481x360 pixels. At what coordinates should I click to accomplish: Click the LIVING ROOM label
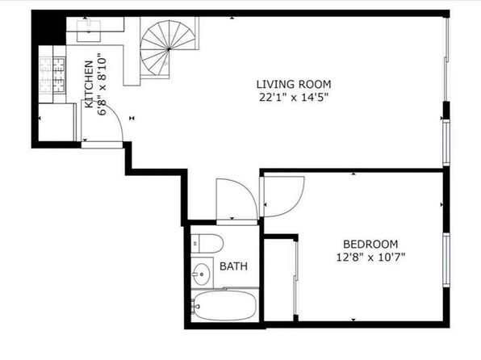[294, 84]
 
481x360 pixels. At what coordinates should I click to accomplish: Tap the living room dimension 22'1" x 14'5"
[294, 98]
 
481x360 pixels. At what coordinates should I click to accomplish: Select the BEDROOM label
[370, 245]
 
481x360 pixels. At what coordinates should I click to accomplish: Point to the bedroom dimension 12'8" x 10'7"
[370, 257]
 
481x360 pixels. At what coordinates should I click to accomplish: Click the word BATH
[233, 266]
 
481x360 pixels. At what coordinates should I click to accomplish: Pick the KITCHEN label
[89, 84]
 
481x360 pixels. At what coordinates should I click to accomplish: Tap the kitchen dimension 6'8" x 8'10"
[102, 85]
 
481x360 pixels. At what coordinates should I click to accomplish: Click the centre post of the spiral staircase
[169, 48]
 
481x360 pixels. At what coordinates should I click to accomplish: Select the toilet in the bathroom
[207, 244]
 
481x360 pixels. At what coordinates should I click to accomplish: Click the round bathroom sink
[202, 274]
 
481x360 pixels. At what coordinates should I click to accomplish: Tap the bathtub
[224, 306]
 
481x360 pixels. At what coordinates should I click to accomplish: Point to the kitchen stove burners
[52, 75]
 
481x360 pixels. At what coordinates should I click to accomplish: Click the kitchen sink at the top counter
[88, 31]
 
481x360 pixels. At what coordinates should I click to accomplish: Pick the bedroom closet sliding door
[295, 278]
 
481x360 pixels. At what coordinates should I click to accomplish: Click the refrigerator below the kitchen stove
[56, 122]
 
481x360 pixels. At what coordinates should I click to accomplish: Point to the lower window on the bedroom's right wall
[446, 260]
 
